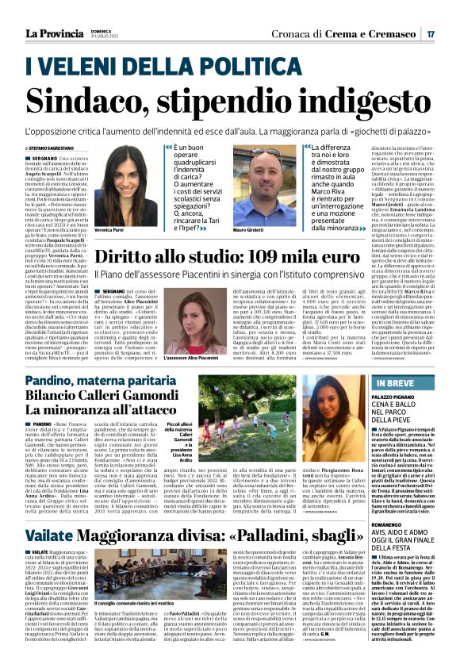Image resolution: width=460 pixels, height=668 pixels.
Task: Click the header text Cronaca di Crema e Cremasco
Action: pyautogui.click(x=348, y=34)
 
